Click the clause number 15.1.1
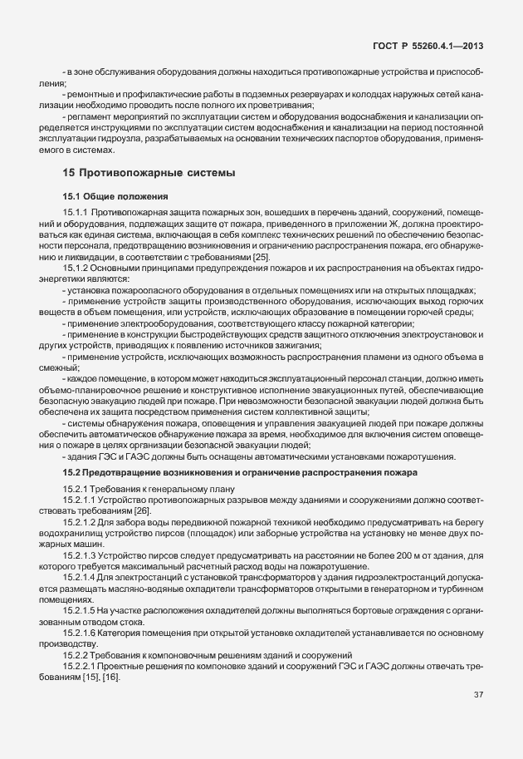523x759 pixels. tap(77, 213)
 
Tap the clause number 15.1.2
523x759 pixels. tap(77, 267)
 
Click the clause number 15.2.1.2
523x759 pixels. tap(80, 521)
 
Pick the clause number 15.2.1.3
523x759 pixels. tap(80, 554)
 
